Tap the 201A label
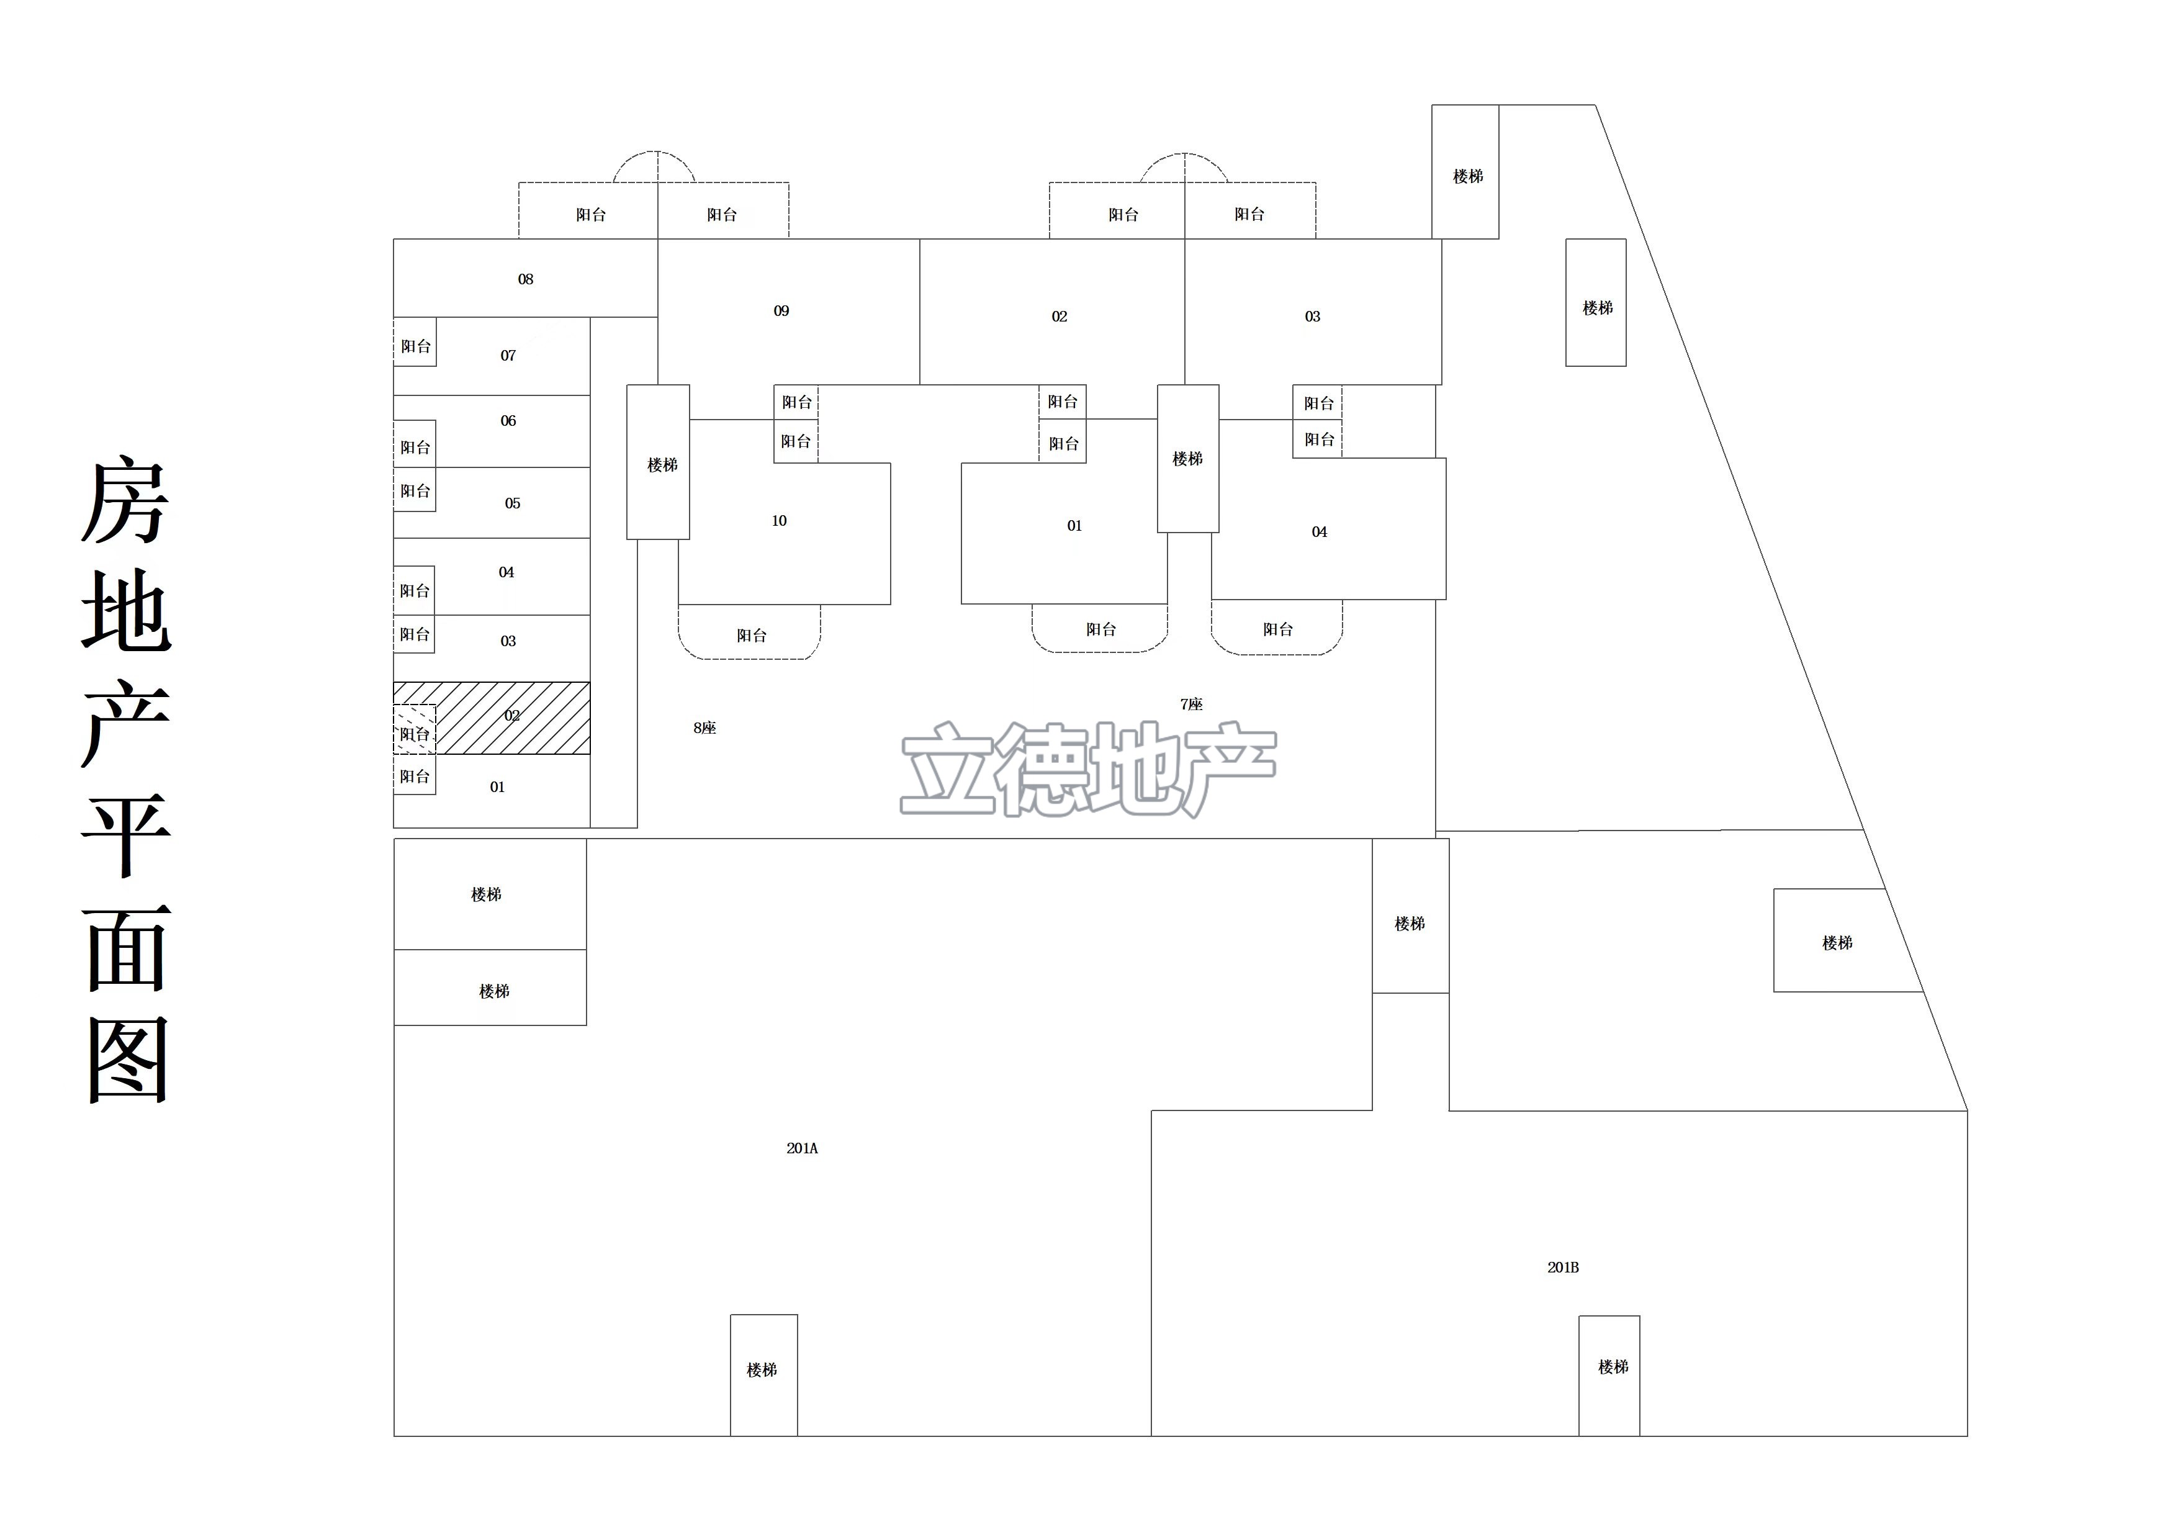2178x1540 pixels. point(801,1148)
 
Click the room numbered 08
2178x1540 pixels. point(526,278)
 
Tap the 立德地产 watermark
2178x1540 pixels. point(1088,768)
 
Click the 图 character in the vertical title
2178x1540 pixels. point(128,1060)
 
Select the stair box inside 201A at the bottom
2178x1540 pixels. point(763,1375)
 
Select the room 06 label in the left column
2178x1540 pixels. point(508,420)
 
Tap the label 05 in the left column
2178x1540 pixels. point(512,503)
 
